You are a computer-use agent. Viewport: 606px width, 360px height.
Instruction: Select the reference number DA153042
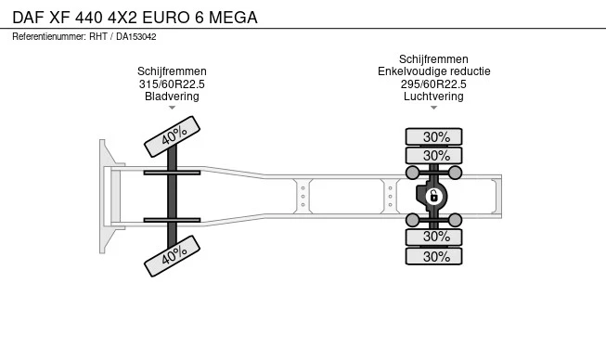pos(136,37)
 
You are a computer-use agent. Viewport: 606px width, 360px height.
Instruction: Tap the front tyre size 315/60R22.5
pos(172,84)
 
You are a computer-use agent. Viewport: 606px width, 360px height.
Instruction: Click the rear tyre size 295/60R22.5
pos(433,84)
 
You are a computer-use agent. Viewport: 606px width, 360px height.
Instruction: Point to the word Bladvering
pos(172,96)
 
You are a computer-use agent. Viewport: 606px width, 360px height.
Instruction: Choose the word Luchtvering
pos(433,96)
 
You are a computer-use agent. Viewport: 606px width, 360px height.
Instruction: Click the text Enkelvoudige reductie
pos(433,71)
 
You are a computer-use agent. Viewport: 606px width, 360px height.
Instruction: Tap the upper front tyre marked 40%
pos(172,136)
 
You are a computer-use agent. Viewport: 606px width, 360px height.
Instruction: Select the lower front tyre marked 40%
pos(172,256)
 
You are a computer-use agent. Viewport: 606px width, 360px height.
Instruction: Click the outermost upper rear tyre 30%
pos(433,136)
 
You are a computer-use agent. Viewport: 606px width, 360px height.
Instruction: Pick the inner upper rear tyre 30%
pos(433,156)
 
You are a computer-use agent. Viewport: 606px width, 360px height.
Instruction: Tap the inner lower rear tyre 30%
pos(433,237)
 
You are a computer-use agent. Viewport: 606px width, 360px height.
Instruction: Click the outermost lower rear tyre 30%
pos(433,256)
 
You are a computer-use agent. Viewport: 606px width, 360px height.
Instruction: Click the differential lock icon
pos(433,196)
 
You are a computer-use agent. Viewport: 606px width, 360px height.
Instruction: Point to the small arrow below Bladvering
pos(172,108)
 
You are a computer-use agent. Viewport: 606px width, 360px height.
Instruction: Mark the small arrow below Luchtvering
pos(433,108)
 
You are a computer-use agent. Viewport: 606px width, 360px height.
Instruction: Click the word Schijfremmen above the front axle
pos(172,71)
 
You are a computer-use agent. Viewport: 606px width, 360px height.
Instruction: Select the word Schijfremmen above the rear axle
pos(433,59)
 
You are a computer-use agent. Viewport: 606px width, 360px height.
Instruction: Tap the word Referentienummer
pos(49,37)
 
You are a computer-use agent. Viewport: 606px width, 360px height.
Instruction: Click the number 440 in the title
pos(89,18)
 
